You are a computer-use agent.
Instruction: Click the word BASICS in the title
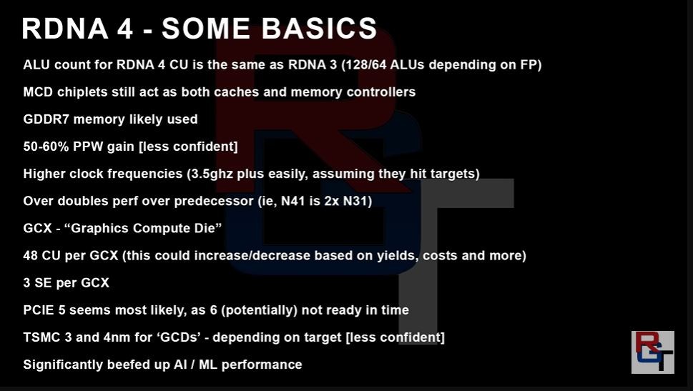(x=319, y=29)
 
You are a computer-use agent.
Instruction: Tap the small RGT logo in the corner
(x=653, y=352)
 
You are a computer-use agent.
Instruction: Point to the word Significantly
(x=63, y=365)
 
